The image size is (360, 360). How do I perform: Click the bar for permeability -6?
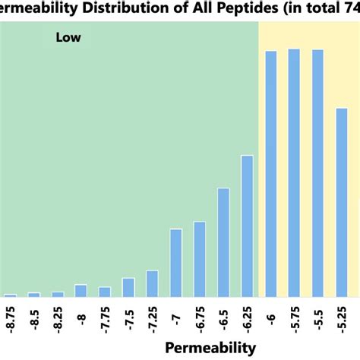(270, 174)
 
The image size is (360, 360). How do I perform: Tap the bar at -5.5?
(318, 174)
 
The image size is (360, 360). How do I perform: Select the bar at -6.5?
(223, 242)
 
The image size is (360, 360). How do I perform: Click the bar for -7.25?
(152, 283)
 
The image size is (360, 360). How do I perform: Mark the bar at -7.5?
(128, 287)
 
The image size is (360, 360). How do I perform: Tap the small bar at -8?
(81, 290)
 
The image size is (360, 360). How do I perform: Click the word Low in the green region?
(68, 36)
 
